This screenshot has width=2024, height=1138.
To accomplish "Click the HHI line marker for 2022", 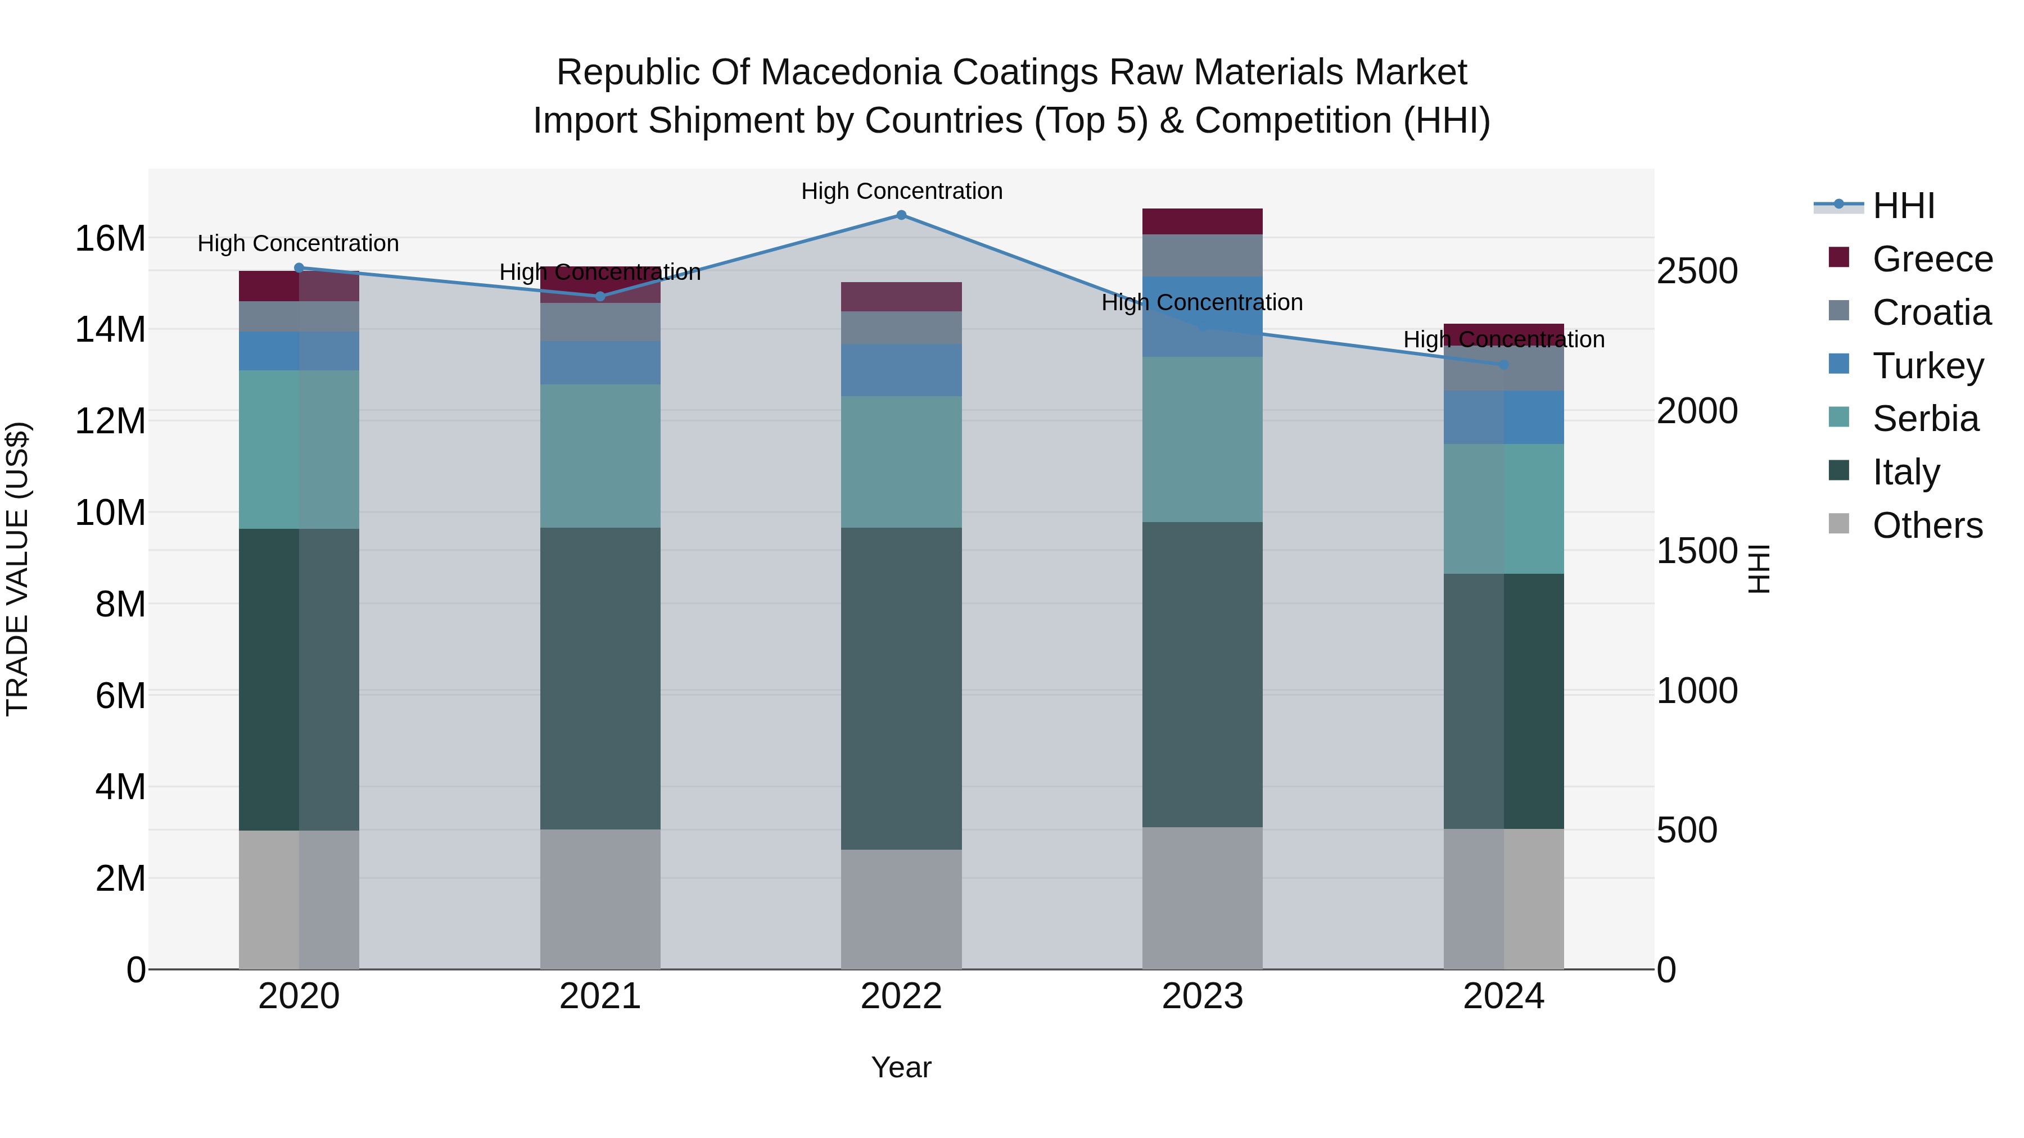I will (x=901, y=215).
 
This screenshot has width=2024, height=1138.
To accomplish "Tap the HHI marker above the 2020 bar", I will (x=299, y=268).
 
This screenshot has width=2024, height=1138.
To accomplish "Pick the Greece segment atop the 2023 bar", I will (x=1202, y=221).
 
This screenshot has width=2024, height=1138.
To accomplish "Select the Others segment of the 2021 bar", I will (x=600, y=899).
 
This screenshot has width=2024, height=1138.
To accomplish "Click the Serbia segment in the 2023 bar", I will (x=1202, y=440).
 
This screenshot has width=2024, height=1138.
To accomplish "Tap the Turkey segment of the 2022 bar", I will (x=901, y=370).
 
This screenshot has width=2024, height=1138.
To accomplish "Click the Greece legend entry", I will (x=1932, y=259).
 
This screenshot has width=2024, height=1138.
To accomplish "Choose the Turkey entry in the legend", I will (x=1927, y=366).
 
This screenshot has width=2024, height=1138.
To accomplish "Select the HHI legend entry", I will (x=1903, y=206).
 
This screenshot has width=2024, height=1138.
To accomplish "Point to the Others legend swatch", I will (x=1840, y=524).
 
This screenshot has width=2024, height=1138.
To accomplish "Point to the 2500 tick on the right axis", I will (x=1697, y=272).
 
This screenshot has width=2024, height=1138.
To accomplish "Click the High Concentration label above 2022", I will (x=901, y=192).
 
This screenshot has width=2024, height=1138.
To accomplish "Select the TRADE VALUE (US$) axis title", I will (x=17, y=569).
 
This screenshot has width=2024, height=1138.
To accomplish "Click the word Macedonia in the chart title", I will (x=852, y=72).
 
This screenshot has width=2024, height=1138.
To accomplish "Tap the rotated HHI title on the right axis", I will (x=1759, y=569).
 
